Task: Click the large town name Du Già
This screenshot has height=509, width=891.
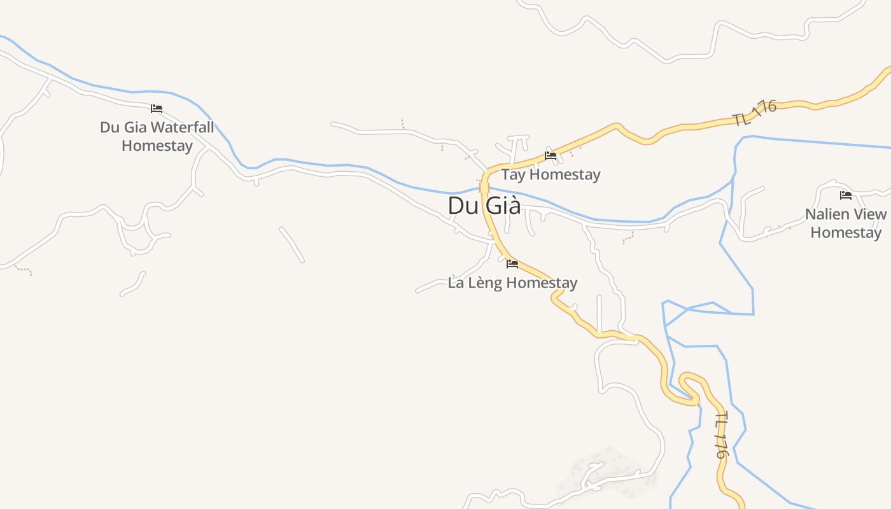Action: [x=484, y=206]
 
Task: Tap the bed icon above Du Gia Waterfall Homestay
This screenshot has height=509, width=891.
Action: [x=157, y=109]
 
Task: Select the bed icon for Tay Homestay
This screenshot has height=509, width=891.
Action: [x=551, y=156]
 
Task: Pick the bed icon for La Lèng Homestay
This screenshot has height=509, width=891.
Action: [x=512, y=264]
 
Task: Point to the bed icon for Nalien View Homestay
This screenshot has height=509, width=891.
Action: [x=846, y=195]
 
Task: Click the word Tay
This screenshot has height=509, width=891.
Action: [x=513, y=174]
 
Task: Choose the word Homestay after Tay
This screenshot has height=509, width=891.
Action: [x=565, y=174]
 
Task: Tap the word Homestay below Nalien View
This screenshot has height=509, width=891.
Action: [x=846, y=232]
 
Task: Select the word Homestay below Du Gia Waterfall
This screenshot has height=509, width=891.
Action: [x=157, y=146]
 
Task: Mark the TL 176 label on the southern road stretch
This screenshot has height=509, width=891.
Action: [x=721, y=435]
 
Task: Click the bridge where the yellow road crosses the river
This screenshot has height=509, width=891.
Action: [x=484, y=188]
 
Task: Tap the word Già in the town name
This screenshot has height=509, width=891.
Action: [x=503, y=206]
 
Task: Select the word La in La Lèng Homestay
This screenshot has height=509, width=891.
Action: [x=456, y=282]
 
